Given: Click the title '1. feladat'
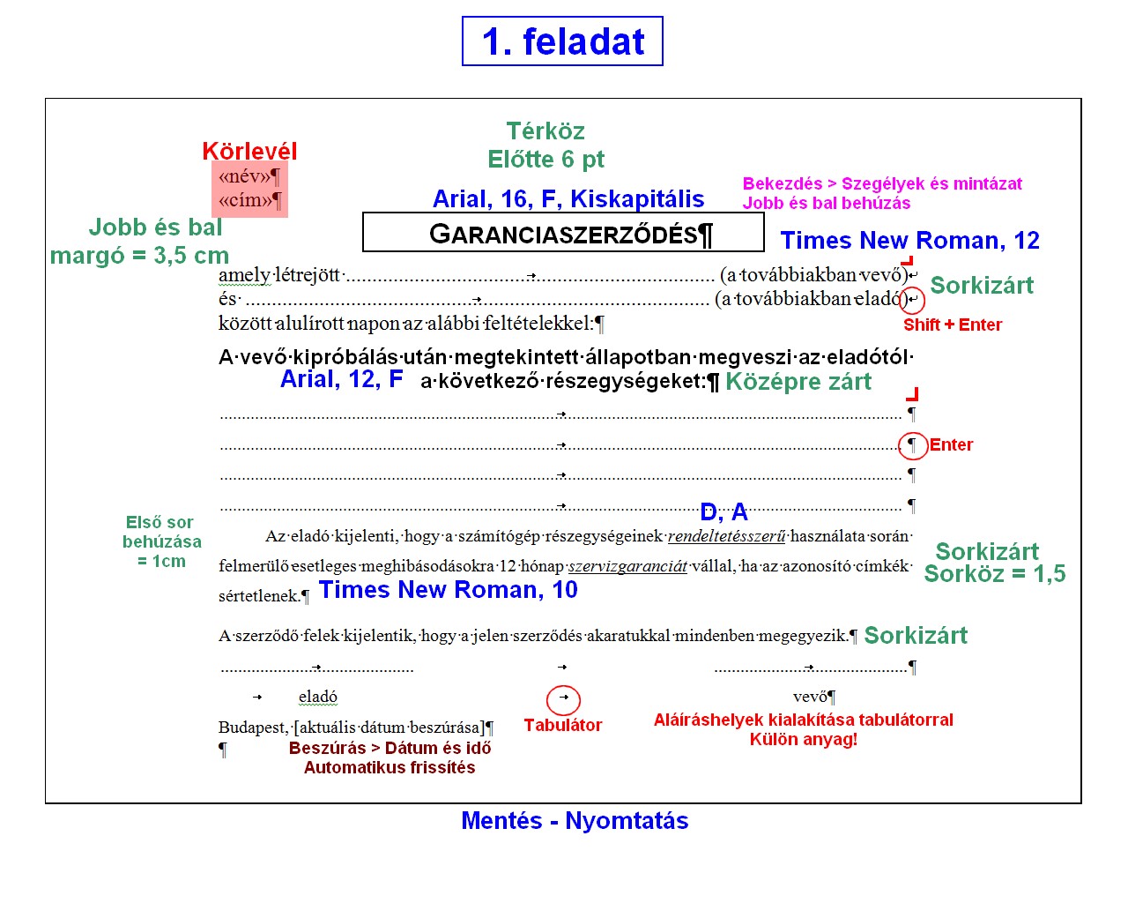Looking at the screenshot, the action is point(562,41).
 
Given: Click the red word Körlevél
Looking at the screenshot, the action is point(249,151).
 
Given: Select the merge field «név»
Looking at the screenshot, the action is point(245,176).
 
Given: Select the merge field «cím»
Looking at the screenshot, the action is point(245,200).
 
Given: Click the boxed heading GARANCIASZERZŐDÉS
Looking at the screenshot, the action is point(563,234).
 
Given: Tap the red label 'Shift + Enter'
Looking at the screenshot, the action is point(953,325).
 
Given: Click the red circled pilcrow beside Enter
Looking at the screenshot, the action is point(913,445).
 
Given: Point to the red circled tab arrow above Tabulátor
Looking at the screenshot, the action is point(563,700).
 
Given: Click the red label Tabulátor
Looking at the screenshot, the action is point(563,725).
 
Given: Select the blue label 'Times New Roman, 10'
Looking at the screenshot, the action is point(449,590).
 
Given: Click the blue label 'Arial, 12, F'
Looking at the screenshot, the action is point(342,379).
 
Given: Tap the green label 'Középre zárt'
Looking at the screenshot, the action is point(798,382).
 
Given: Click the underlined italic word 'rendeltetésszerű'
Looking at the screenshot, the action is point(726,536).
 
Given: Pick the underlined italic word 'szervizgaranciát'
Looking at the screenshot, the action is point(627,566).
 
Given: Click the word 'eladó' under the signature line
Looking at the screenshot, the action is point(317,697).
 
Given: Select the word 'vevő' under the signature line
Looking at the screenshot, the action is point(809,697).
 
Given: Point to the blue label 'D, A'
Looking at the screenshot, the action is point(724,511).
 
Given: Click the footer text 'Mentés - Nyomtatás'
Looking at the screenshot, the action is point(575,821).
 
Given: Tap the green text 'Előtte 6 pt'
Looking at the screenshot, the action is point(545,159).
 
